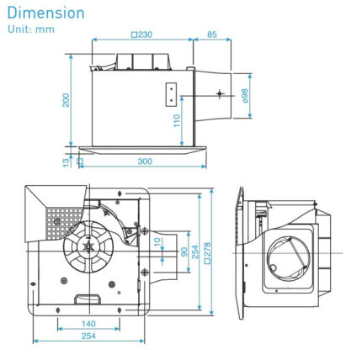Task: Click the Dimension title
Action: (x=46, y=13)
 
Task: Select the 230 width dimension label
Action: (x=142, y=35)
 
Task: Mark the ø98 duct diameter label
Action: (x=246, y=96)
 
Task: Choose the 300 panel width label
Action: (x=145, y=161)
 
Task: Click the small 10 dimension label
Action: (x=157, y=241)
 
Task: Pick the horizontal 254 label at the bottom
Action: (x=88, y=336)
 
